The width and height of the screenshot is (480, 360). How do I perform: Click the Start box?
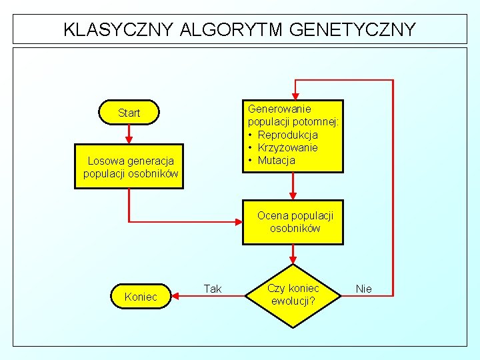(129, 113)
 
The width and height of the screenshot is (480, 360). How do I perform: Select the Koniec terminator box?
(141, 296)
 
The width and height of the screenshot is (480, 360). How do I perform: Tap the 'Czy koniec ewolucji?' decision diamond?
(293, 294)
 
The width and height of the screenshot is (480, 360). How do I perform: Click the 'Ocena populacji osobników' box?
(293, 222)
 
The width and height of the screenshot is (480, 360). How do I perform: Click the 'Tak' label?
(213, 289)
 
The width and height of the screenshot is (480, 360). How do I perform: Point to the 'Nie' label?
(364, 289)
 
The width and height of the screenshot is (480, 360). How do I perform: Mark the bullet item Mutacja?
(276, 160)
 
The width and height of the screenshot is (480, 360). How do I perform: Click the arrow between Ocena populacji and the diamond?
(293, 254)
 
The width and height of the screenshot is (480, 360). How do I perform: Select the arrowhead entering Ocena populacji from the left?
(238, 222)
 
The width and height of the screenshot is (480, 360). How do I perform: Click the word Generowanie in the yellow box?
(279, 109)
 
